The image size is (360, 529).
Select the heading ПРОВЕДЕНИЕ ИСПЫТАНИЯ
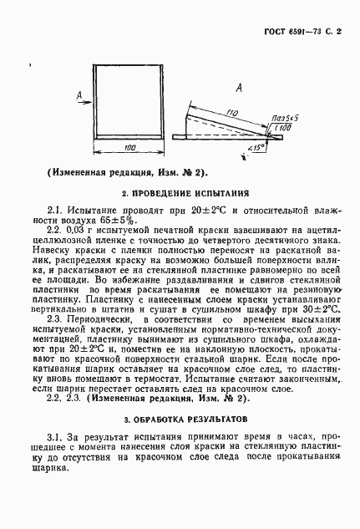[185, 191]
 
